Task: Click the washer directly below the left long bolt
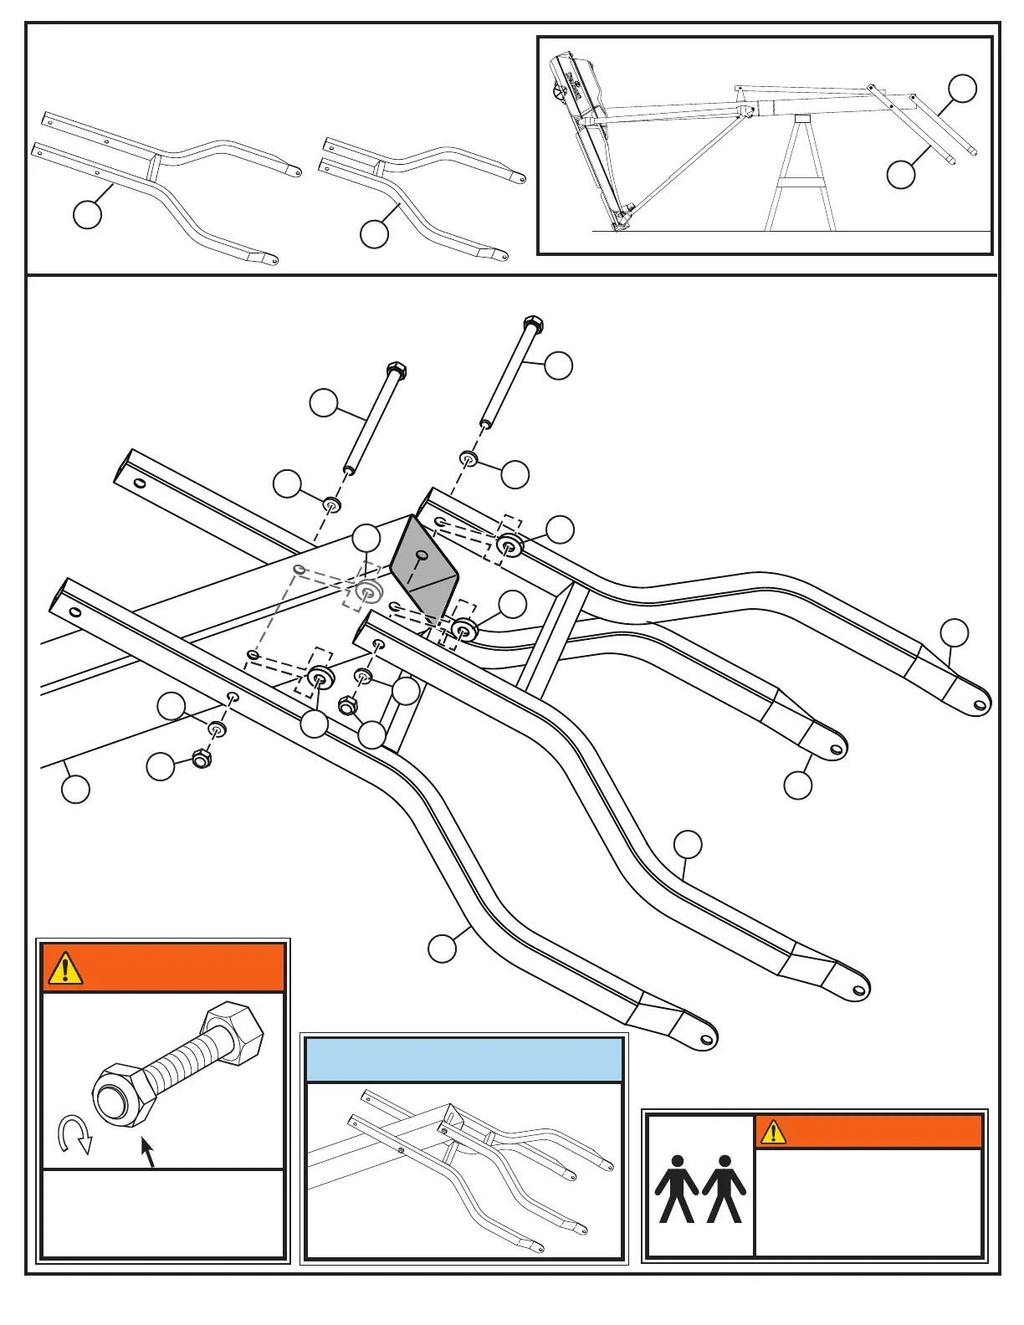[x=332, y=504]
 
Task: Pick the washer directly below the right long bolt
[x=468, y=458]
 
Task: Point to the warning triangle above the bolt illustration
[x=65, y=968]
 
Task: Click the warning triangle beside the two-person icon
[x=773, y=1132]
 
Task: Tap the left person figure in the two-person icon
[x=676, y=1189]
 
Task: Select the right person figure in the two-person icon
[x=724, y=1189]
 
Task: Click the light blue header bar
[x=464, y=1060]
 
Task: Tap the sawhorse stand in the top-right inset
[x=801, y=176]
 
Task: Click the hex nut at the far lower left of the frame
[x=201, y=760]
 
